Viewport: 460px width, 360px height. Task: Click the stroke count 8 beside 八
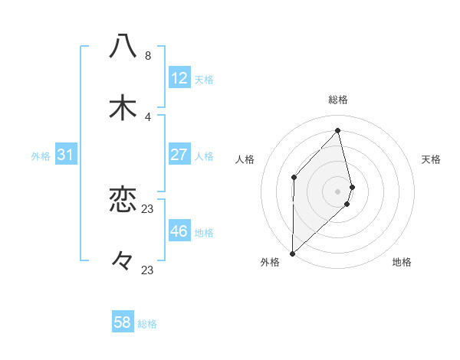coord(148,56)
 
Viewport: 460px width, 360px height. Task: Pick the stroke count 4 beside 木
coord(148,117)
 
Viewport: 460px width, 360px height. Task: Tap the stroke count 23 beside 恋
coord(148,209)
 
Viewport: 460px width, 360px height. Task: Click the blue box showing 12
coord(179,78)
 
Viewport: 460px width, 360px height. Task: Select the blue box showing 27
coord(179,155)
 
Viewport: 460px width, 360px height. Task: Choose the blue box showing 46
coord(179,231)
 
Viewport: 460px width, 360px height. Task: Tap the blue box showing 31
coord(66,155)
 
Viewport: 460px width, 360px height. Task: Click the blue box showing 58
coord(123,322)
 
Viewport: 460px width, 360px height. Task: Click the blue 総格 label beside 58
coord(147,324)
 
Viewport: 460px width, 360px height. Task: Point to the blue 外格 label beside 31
coord(41,156)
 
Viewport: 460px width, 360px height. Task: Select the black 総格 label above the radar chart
coord(338,100)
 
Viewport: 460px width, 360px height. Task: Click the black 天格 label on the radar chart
coord(432,159)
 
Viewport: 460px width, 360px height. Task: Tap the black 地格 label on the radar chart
coord(402,262)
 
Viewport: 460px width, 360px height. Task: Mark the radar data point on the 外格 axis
coord(292,253)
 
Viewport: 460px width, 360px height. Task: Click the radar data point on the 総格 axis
coord(338,130)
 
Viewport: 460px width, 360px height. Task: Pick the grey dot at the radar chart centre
coord(338,190)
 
